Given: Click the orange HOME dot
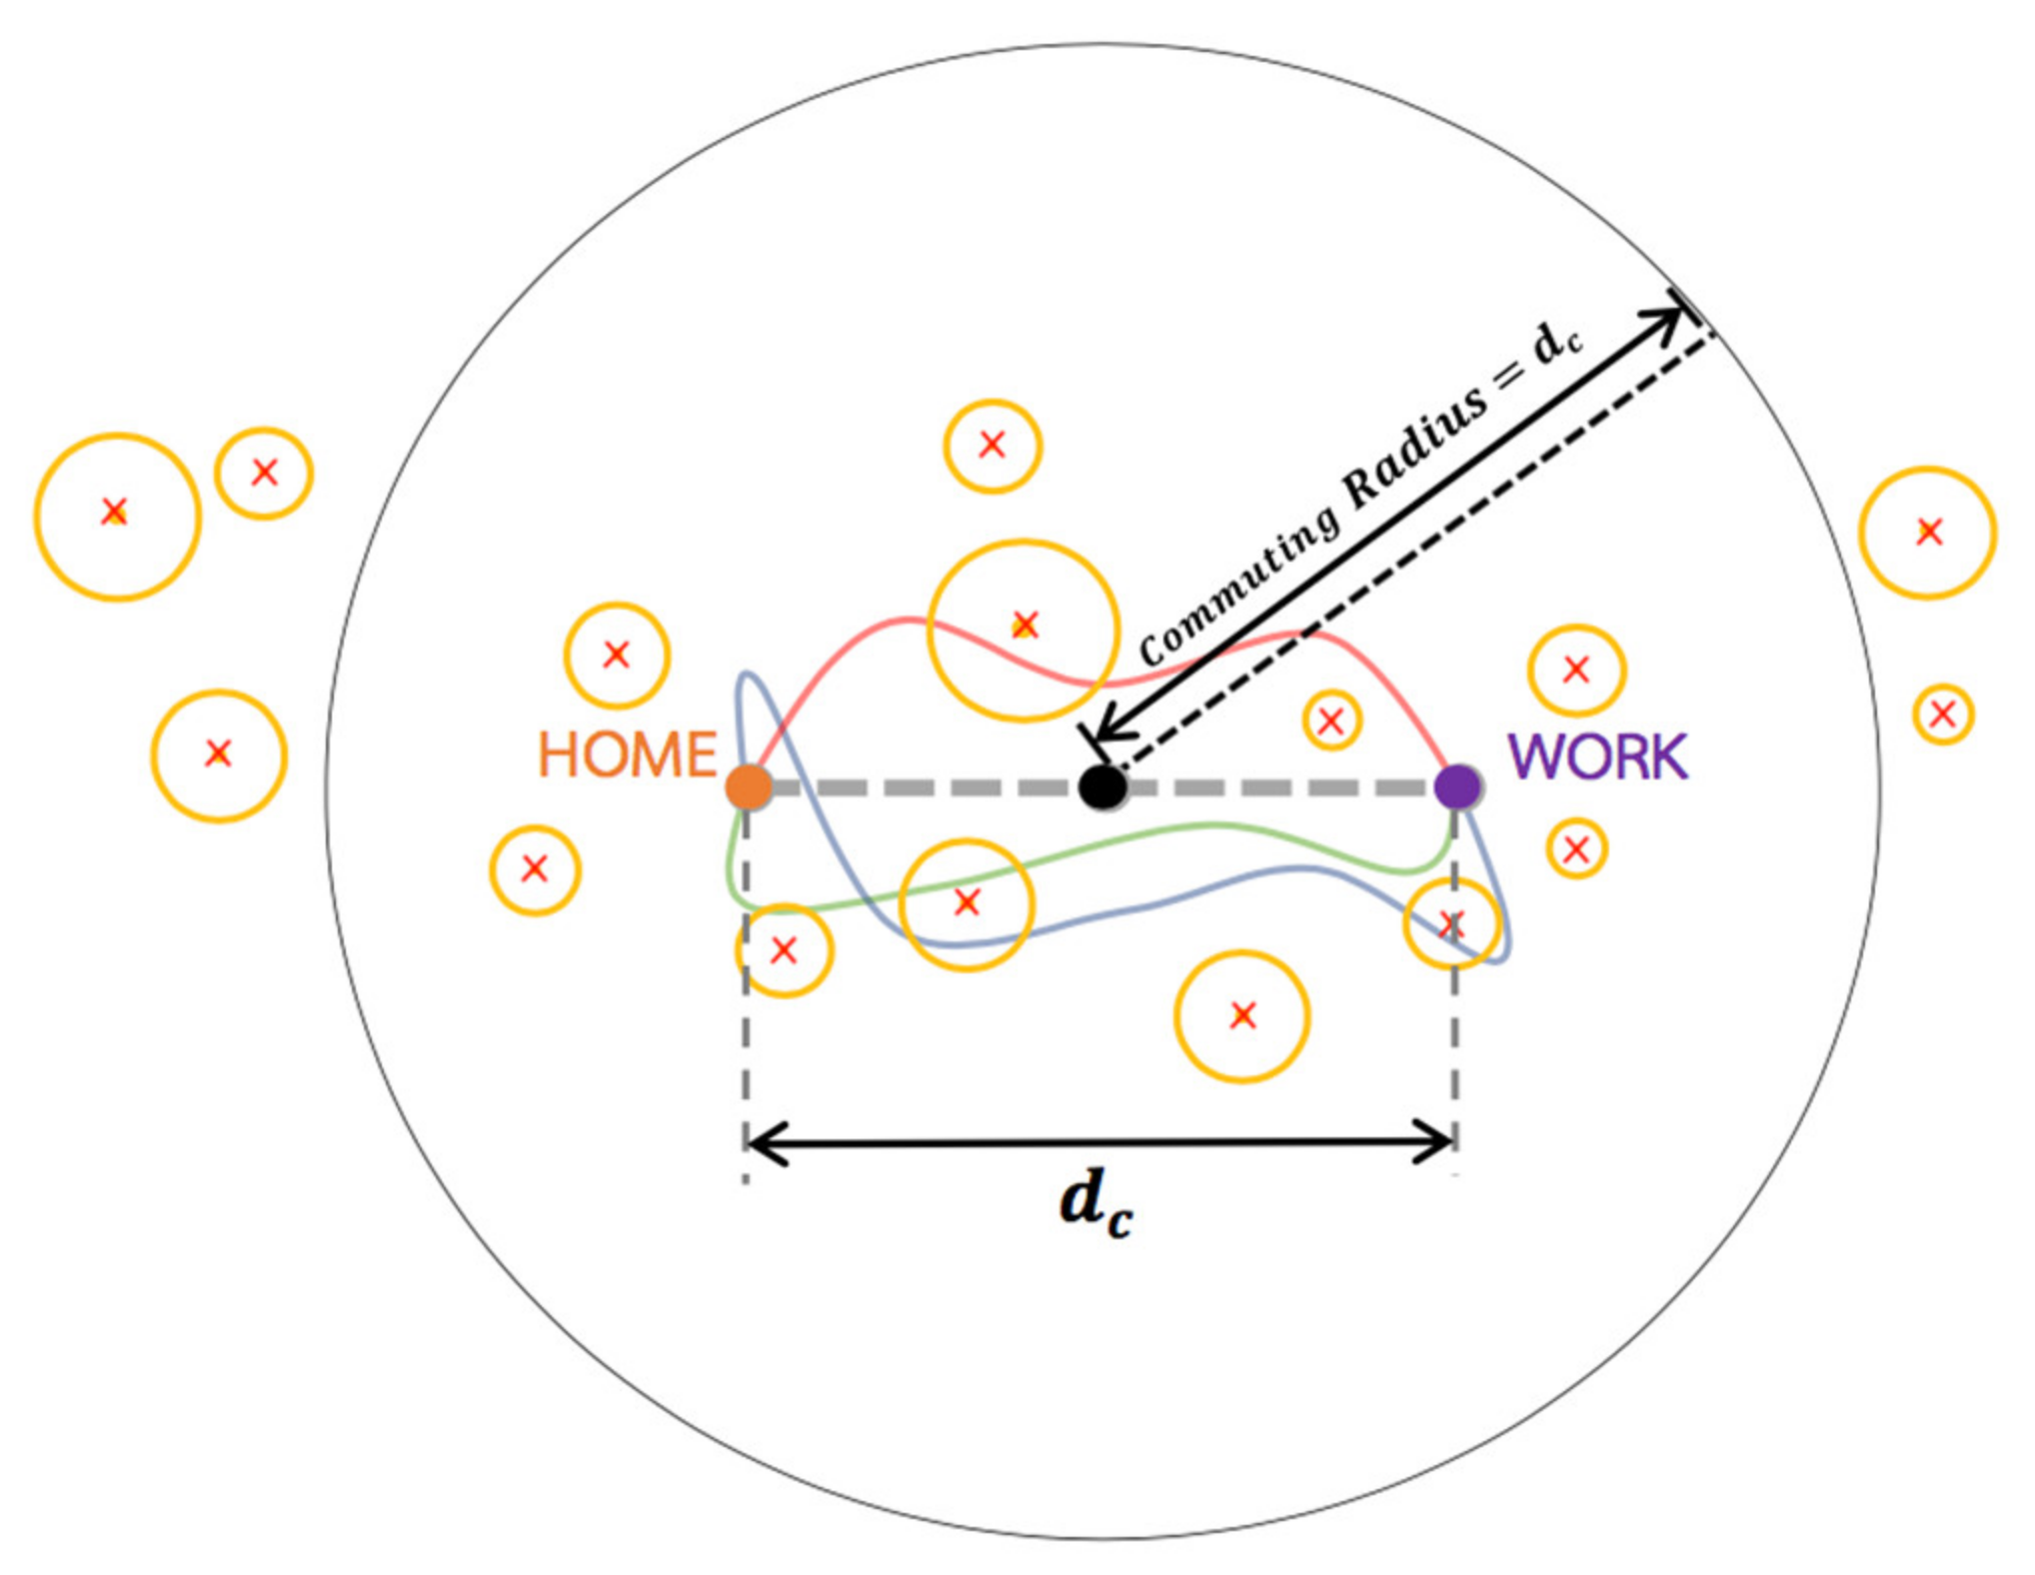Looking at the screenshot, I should click(748, 787).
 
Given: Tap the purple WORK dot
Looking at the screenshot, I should click(1456, 787).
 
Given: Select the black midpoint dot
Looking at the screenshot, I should click(1102, 787).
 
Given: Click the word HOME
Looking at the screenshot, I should click(628, 755).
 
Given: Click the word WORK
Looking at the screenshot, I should click(1597, 757).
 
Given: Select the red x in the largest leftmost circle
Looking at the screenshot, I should click(115, 512).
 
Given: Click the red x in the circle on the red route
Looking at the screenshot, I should click(1024, 626).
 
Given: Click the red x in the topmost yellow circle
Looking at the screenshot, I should click(992, 445).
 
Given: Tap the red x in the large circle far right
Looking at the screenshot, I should click(1929, 532).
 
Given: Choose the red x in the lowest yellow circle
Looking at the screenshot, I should click(1242, 1016).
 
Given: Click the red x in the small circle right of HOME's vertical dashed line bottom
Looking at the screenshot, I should click(784, 950).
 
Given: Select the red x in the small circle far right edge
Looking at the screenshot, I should click(1943, 714).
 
